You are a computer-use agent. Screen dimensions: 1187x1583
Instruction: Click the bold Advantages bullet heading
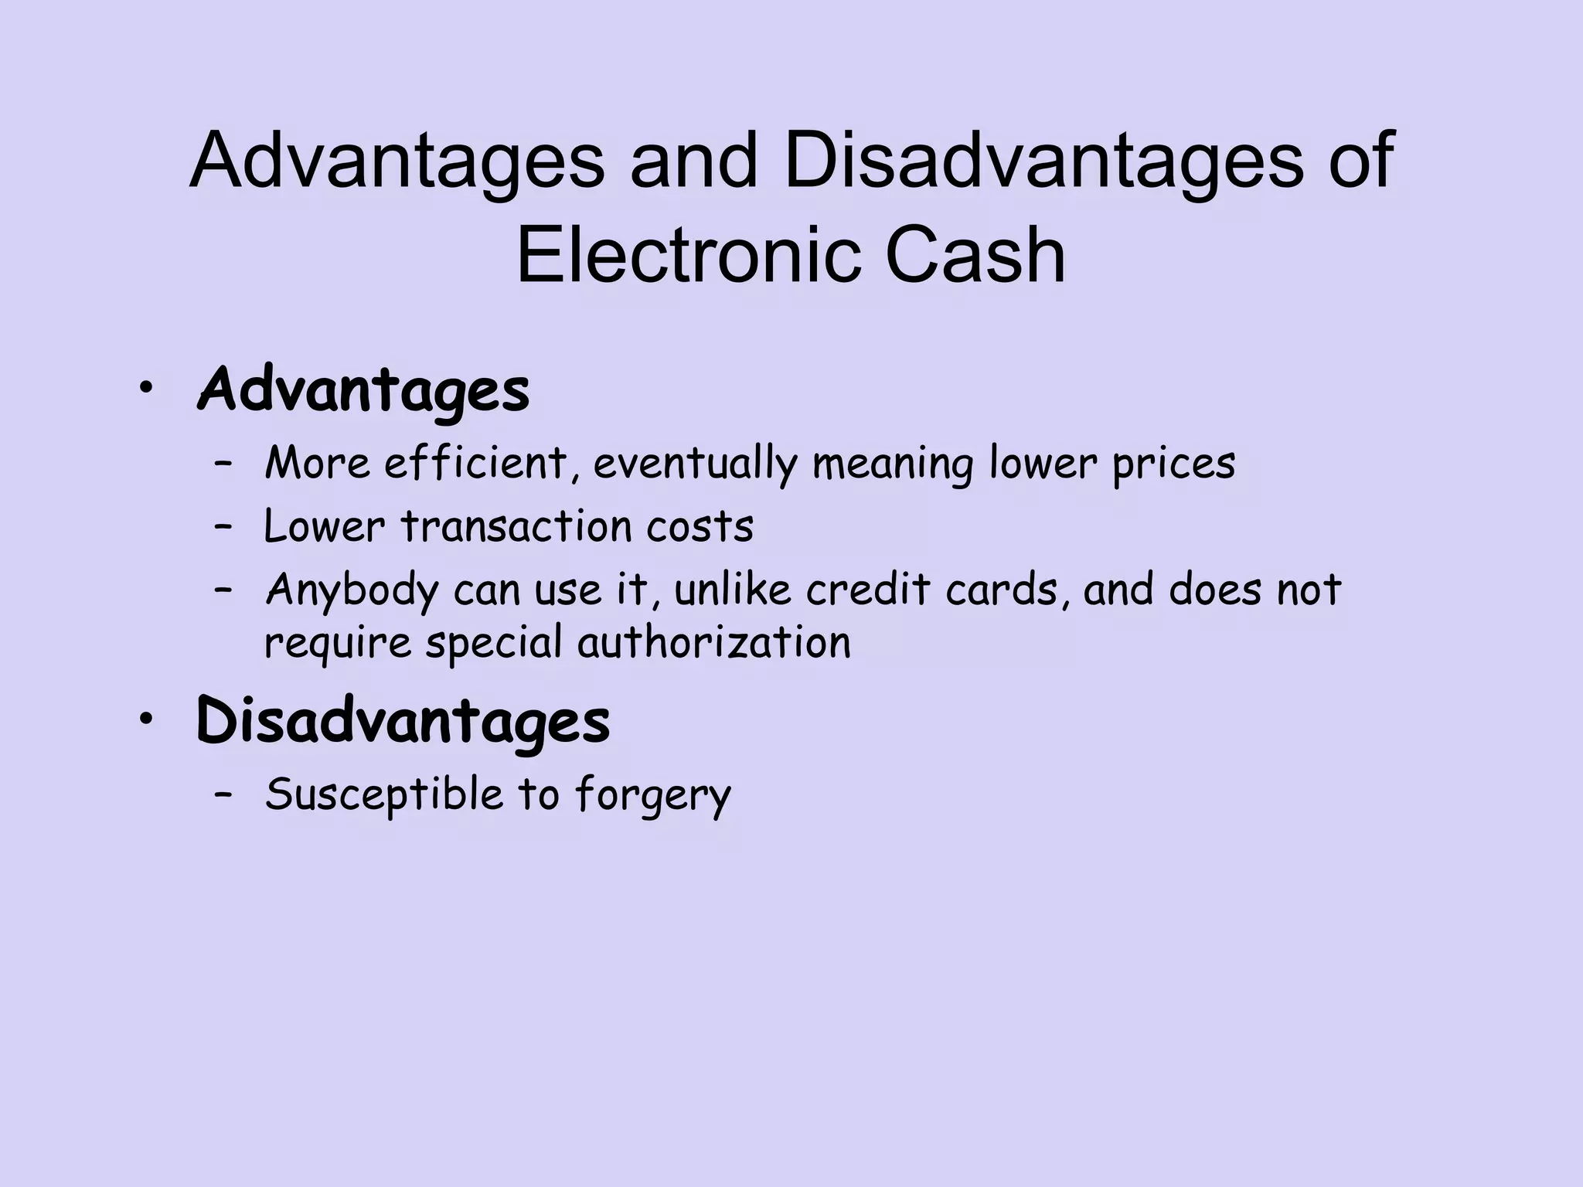(363, 391)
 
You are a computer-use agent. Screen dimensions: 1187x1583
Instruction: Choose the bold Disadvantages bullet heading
(403, 721)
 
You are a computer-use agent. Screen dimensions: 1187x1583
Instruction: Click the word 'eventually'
(695, 464)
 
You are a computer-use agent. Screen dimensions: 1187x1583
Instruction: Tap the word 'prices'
(1173, 464)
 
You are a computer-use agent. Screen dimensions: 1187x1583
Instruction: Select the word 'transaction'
(516, 527)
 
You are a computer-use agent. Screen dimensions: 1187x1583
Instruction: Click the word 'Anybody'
(352, 590)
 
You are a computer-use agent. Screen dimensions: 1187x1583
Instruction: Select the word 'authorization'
(714, 643)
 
